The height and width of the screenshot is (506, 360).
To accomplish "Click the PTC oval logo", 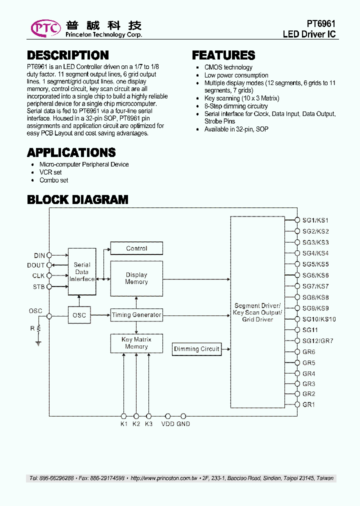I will coord(46,28).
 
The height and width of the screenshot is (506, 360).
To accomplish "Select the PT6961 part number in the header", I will coord(320,24).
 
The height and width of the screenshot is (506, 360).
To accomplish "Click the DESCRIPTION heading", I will coord(68,55).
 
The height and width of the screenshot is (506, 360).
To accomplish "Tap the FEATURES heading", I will coord(223,55).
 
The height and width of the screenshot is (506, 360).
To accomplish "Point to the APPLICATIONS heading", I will coord(71,152).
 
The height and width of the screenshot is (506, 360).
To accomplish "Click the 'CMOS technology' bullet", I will coord(228,67).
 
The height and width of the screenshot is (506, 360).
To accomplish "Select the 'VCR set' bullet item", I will coord(50,172).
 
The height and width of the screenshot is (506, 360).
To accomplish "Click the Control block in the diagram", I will coord(136,248).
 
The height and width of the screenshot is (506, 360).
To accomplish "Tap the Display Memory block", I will coord(136,278).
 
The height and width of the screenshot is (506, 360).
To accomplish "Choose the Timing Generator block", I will coord(136,315).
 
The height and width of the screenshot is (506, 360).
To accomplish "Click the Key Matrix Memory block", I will coord(136,343).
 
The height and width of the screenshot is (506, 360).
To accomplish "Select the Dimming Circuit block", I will coord(196,349).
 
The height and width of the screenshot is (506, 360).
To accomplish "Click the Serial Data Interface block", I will coord(82,272).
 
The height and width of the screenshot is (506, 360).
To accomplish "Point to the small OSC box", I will coord(79,315).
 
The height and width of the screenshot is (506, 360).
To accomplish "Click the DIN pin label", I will coord(39,255).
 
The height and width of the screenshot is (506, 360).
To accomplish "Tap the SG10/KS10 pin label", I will coord(319,319).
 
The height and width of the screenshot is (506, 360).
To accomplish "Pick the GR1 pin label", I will coord(308,404).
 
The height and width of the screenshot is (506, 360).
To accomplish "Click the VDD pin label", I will coord(168,424).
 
